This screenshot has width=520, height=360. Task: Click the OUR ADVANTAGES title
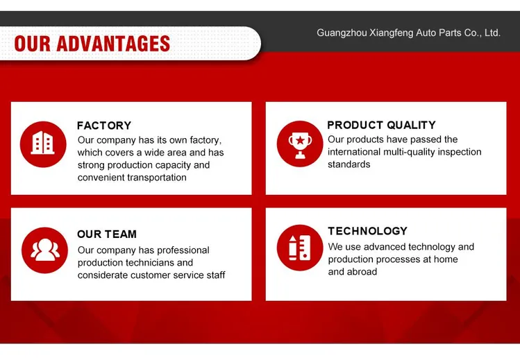click(92, 44)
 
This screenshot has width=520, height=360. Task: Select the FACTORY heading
click(104, 126)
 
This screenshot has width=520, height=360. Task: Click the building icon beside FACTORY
click(43, 144)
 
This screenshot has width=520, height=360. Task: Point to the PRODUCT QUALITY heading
click(381, 125)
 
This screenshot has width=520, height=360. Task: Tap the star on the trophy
click(300, 140)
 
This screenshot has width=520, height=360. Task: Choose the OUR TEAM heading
click(107, 234)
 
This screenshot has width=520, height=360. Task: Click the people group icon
click(44, 250)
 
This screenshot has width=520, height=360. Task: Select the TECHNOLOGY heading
click(367, 231)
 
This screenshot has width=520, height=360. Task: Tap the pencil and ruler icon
click(300, 248)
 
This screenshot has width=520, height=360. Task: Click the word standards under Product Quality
click(349, 164)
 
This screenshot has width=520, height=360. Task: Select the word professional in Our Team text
click(183, 250)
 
